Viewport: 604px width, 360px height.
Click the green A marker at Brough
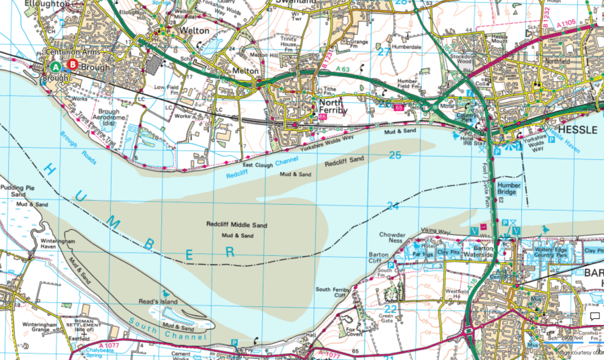[x=56, y=65]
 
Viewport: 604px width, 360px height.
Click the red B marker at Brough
[x=73, y=64]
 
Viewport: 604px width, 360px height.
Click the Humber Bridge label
[x=509, y=188]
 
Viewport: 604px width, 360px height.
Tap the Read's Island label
[x=158, y=302]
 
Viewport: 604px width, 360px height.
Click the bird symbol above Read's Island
[x=165, y=294]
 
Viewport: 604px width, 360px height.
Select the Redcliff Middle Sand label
[x=236, y=225]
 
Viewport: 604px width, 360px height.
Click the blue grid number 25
[x=395, y=156]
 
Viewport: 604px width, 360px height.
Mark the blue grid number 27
[x=384, y=51]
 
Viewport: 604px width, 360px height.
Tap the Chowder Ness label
[x=392, y=239]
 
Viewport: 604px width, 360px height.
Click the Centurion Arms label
[x=69, y=52]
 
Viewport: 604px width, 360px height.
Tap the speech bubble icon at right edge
[x=594, y=316]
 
